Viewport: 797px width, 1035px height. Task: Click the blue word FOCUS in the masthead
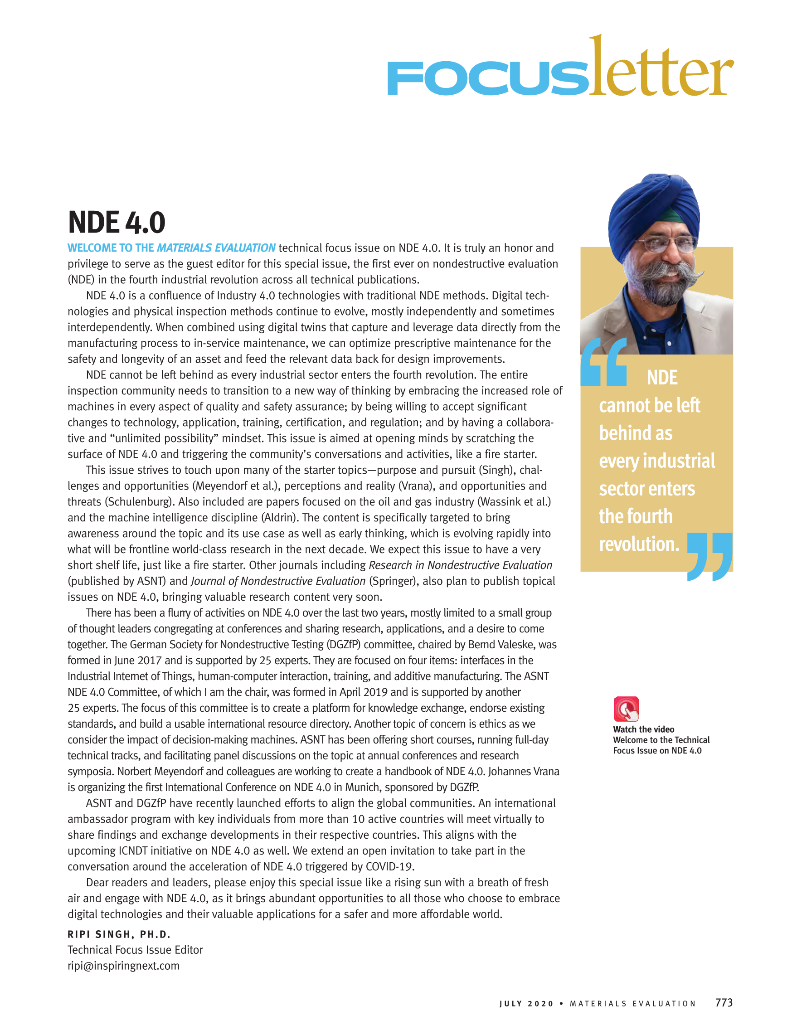488,79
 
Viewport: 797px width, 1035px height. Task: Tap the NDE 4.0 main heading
117,222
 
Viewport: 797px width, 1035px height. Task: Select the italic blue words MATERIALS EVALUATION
216,248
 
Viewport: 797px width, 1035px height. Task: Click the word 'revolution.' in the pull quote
639,544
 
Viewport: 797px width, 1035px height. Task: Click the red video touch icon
626,709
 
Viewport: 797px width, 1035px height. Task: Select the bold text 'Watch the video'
643,729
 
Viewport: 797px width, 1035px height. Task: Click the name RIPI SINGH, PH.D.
119,934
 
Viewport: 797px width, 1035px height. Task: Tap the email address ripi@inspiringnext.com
124,966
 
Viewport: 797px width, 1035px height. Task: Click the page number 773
724,1002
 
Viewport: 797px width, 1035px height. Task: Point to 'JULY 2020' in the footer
526,1004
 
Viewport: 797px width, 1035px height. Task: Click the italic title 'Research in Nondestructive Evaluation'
460,565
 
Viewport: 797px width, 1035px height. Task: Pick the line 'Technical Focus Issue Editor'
135,950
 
